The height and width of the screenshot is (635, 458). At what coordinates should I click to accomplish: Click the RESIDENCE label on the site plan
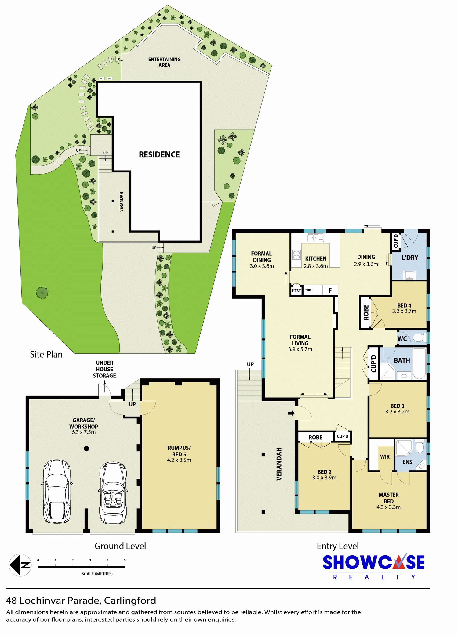(x=159, y=154)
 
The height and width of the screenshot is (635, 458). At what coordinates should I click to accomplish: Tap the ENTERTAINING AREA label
(x=164, y=62)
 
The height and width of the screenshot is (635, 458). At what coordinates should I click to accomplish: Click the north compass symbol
(x=20, y=565)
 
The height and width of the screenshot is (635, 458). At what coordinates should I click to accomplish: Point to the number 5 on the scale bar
(x=125, y=560)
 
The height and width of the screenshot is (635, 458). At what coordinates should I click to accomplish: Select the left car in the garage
(x=57, y=492)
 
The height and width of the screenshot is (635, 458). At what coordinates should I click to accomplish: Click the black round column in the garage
(x=86, y=449)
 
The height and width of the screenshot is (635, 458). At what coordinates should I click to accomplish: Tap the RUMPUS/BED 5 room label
(x=179, y=454)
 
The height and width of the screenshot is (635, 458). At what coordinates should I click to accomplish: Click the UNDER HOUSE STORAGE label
(x=104, y=369)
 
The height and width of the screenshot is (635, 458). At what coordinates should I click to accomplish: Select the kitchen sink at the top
(x=315, y=237)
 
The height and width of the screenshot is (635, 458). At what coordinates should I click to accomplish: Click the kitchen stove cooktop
(x=296, y=255)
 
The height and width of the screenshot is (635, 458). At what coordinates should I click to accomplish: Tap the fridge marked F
(x=330, y=290)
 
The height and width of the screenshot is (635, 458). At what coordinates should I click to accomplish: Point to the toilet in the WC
(x=419, y=338)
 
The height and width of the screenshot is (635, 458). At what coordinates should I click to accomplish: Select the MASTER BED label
(x=389, y=498)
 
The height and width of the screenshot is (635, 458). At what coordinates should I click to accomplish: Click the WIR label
(x=385, y=457)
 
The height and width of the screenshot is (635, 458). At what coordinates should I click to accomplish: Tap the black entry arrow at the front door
(x=291, y=413)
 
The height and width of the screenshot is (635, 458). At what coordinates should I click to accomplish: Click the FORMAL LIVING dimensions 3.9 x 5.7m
(x=300, y=349)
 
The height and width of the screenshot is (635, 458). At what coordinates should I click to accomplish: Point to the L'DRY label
(x=410, y=258)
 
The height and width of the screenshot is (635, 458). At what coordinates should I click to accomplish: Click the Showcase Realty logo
(x=374, y=567)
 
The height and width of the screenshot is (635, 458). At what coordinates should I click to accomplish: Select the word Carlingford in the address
(x=130, y=601)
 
